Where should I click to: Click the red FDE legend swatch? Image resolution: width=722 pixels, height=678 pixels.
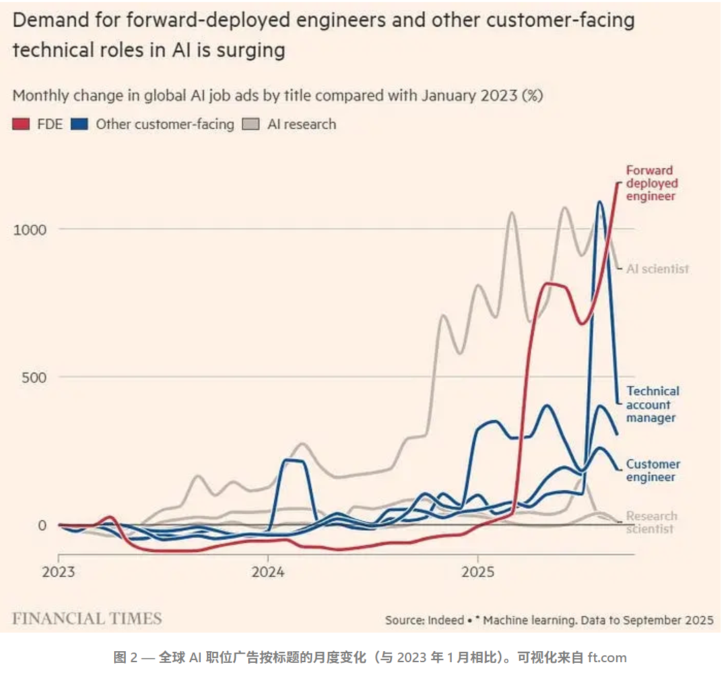(x=21, y=124)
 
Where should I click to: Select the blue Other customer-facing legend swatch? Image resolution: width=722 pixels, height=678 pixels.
(x=79, y=124)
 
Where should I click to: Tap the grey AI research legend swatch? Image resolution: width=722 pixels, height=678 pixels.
(x=251, y=124)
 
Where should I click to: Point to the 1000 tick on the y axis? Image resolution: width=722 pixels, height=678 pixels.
(x=30, y=230)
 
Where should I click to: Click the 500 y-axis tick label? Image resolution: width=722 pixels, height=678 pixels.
(x=34, y=378)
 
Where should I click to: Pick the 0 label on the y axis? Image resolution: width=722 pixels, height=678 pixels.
(x=43, y=525)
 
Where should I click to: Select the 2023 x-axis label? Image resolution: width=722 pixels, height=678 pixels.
(x=58, y=572)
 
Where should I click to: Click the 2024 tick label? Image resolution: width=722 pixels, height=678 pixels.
(x=268, y=572)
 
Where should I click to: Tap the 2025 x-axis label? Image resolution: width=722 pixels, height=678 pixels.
(x=478, y=572)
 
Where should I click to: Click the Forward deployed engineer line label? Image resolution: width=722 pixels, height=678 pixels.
(x=652, y=184)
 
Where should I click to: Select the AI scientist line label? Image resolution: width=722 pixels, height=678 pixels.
(x=657, y=269)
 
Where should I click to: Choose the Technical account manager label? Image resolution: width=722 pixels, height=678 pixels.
(x=653, y=404)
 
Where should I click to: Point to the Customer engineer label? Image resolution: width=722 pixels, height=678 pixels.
(x=653, y=470)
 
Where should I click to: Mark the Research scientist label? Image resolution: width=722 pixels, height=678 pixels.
(x=652, y=523)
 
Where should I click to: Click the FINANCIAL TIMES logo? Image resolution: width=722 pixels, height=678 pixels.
(x=87, y=619)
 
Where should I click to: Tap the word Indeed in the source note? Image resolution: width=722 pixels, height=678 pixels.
(x=446, y=620)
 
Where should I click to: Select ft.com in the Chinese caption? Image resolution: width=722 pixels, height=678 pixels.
(x=607, y=657)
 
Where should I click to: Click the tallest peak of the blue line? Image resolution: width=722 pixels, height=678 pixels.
(x=599, y=201)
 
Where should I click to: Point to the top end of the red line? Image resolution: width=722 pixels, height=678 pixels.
(x=618, y=184)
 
